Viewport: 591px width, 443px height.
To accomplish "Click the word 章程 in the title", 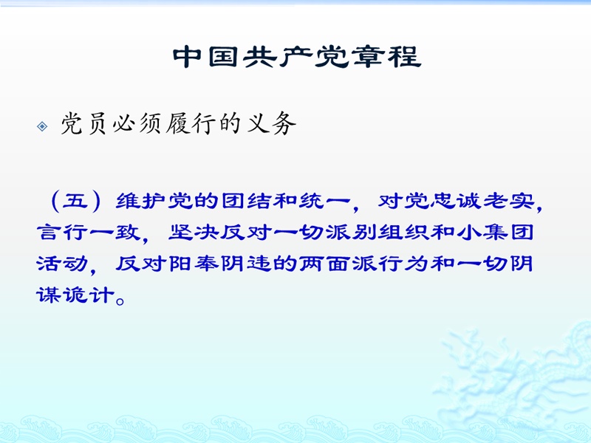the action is click(x=386, y=57).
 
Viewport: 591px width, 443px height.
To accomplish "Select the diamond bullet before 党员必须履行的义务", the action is click(x=42, y=126).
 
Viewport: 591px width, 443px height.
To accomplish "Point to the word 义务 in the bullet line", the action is click(x=271, y=123).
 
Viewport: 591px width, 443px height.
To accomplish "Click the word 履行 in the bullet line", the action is click(x=189, y=123).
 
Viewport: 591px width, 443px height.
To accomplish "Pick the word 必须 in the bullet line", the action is click(x=137, y=123).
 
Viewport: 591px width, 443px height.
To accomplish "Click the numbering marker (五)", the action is click(x=75, y=201).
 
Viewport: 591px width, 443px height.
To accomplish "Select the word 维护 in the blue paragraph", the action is click(x=140, y=201).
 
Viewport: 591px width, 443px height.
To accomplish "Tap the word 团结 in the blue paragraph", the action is click(x=245, y=201).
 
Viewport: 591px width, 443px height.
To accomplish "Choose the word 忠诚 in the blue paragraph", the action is click(x=455, y=201).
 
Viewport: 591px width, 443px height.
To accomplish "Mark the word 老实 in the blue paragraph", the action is click(x=508, y=201).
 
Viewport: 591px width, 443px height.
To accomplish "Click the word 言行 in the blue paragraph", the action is click(x=62, y=233).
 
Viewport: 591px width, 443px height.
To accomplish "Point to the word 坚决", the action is click(x=194, y=233).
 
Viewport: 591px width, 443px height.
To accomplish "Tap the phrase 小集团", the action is click(x=495, y=233).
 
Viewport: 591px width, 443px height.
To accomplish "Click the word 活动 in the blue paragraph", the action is click(x=62, y=264).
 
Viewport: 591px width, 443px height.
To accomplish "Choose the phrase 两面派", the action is click(x=338, y=264).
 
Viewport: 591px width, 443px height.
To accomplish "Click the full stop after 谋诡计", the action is click(x=120, y=301).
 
